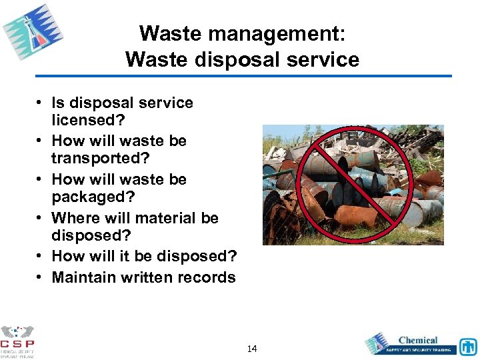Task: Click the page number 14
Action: point(252,349)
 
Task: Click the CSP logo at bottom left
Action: point(17,341)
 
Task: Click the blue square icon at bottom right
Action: point(468,346)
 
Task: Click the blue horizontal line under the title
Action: point(243,76)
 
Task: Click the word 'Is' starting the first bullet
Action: point(58,103)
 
